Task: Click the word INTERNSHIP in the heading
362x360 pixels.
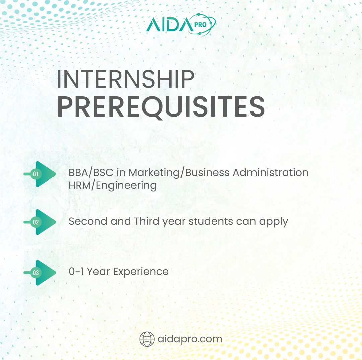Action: click(x=125, y=79)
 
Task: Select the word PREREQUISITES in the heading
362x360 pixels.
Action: click(x=161, y=107)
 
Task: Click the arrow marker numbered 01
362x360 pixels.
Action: click(x=40, y=174)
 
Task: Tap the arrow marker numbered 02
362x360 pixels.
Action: click(x=40, y=222)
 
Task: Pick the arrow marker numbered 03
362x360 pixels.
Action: click(x=40, y=273)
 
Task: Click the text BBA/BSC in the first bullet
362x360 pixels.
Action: click(x=91, y=173)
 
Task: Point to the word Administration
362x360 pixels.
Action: click(x=270, y=172)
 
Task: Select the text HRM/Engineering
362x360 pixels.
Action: click(x=113, y=186)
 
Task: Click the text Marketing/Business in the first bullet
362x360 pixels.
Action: click(x=179, y=173)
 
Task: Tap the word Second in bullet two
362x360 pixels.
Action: click(x=88, y=221)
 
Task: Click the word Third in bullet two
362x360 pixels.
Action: click(x=147, y=221)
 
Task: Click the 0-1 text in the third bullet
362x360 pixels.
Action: click(x=76, y=271)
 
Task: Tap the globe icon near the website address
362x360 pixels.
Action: click(x=147, y=339)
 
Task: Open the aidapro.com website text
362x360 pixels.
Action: click(x=190, y=339)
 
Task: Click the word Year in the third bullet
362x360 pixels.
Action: click(x=98, y=271)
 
